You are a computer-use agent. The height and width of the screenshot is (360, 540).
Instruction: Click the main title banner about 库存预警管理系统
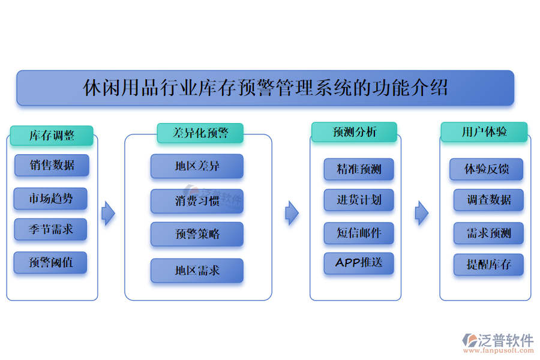265,88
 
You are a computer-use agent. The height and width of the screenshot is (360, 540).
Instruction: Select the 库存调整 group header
52,136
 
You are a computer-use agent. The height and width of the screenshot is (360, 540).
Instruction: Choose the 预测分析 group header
354,132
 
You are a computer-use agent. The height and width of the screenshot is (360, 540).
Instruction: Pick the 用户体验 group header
484,132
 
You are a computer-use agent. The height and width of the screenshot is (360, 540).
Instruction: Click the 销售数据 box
52,166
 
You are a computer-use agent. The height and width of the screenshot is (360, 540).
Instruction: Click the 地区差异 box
197,166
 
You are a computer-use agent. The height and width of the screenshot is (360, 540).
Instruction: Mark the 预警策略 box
197,234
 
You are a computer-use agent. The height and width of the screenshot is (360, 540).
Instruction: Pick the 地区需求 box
197,271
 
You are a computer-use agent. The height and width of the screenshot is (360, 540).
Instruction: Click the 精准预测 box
359,169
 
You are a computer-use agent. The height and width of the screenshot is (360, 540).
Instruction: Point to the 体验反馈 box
486,169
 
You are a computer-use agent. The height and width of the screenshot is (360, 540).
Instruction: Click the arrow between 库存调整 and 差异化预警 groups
108,212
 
